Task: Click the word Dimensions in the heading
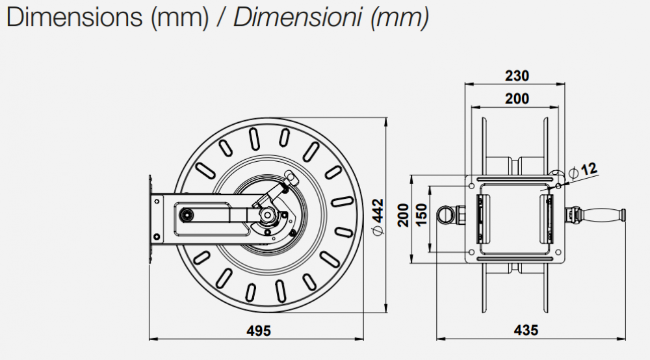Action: pos(73,18)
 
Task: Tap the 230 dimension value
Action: pos(517,76)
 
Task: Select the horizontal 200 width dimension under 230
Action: pos(517,99)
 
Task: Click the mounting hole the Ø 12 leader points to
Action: pos(558,186)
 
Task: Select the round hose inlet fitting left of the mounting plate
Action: pos(445,214)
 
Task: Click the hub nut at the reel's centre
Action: pos(266,214)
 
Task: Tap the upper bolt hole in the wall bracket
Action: pos(157,202)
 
